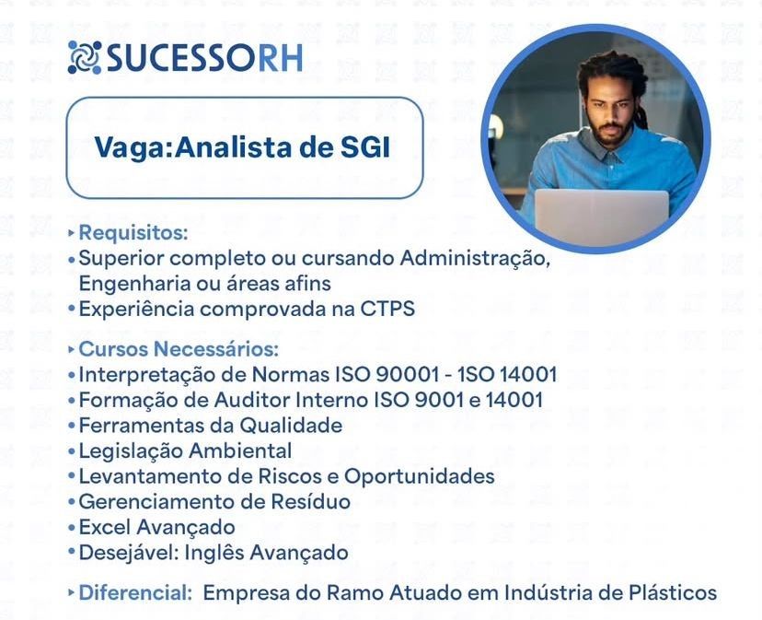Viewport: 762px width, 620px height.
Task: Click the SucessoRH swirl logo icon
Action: (84, 57)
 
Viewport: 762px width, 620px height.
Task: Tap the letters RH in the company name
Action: (280, 58)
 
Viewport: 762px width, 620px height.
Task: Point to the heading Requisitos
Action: (133, 233)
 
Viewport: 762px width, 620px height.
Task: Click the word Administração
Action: (475, 259)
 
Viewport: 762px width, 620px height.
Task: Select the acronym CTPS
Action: (387, 309)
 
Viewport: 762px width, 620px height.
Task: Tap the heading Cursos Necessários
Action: (179, 349)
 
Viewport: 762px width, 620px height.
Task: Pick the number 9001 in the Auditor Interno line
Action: (439, 400)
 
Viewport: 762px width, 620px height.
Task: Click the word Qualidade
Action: (291, 426)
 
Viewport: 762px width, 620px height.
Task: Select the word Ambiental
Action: (240, 450)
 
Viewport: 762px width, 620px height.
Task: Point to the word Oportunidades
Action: (420, 476)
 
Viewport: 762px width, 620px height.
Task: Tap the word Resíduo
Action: (310, 502)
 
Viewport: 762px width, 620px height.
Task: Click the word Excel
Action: (105, 527)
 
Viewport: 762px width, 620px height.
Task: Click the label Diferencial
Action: (135, 592)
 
